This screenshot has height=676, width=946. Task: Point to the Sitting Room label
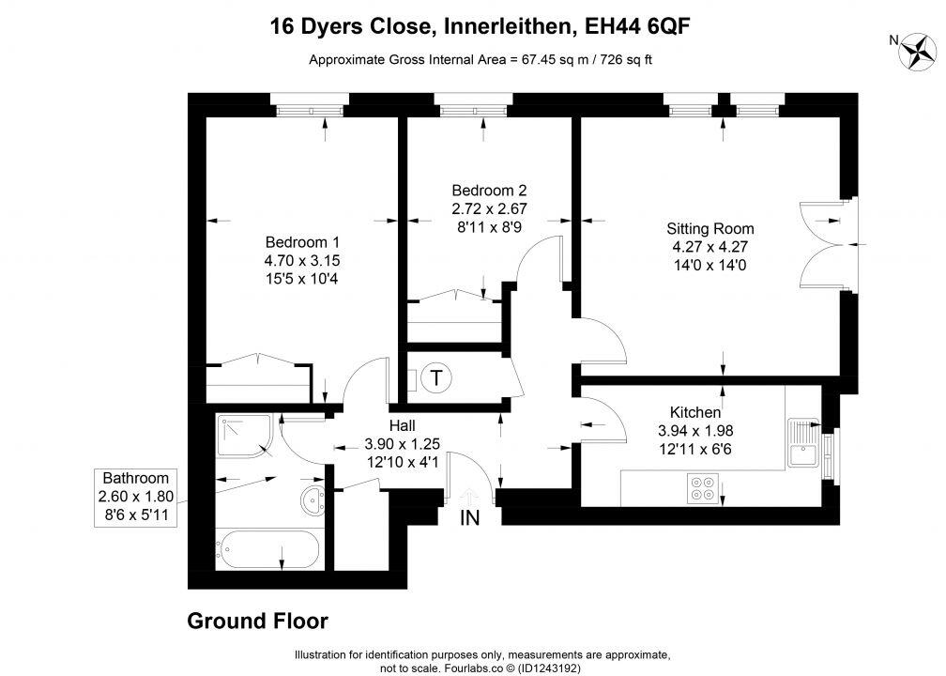click(709, 228)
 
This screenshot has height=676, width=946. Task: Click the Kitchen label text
click(695, 412)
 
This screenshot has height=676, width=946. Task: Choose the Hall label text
click(402, 426)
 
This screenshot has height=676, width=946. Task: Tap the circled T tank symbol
click(435, 378)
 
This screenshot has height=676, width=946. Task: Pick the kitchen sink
click(804, 444)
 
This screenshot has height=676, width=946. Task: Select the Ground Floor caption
click(258, 621)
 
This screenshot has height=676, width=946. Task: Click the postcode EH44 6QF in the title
click(642, 26)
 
